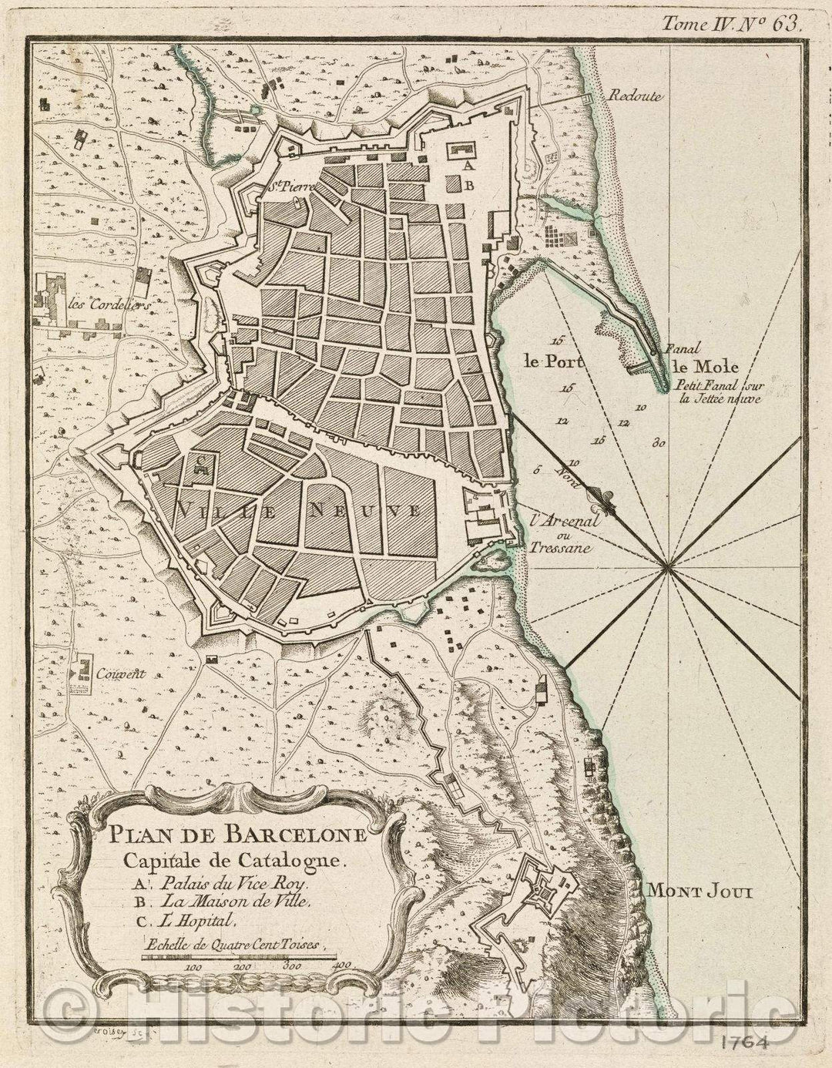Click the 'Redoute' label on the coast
(x=635, y=96)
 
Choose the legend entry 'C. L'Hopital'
(x=181, y=919)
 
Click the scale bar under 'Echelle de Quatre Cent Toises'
(x=238, y=958)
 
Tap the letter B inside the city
(x=468, y=186)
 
